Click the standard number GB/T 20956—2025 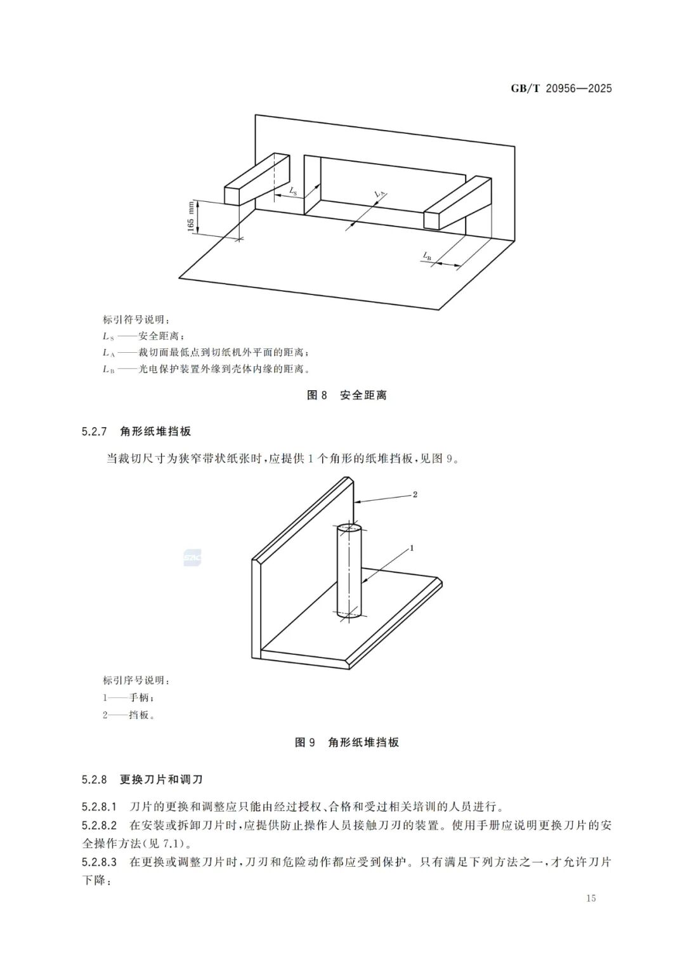561,89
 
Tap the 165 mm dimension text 191,216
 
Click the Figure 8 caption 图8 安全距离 346,395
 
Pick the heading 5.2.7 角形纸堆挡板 136,432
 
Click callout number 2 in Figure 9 415,494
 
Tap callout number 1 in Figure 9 412,547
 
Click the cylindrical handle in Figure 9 348,571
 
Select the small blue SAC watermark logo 192,558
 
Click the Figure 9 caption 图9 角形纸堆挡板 346,742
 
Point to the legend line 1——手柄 128,697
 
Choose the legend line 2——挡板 129,715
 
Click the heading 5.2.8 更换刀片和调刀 142,779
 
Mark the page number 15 590,898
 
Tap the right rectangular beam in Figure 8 457,203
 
